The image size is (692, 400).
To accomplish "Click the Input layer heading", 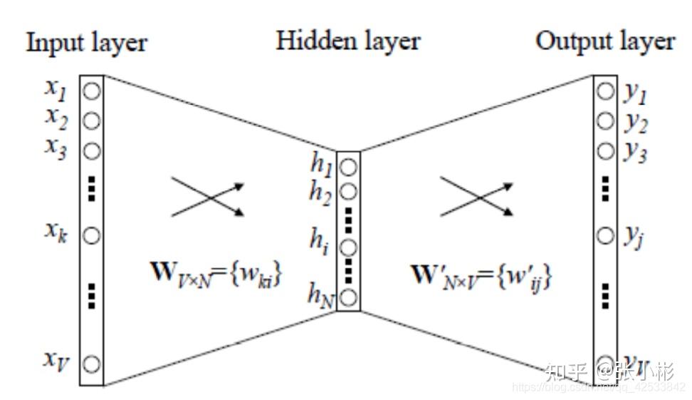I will (x=86, y=43).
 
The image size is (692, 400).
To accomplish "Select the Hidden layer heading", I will (x=348, y=41).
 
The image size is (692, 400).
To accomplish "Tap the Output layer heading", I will (x=604, y=41).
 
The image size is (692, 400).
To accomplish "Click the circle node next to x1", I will (x=92, y=91).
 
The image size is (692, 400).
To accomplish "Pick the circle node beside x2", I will (x=92, y=120).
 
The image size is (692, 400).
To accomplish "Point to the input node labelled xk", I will (x=92, y=235).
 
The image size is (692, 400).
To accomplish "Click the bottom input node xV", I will (x=92, y=364).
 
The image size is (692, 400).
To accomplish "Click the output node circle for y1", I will (x=605, y=91).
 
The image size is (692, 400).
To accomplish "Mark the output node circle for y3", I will (x=605, y=151).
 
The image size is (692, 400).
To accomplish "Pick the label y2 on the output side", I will (x=636, y=123).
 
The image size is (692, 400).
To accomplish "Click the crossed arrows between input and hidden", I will (x=208, y=198).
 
